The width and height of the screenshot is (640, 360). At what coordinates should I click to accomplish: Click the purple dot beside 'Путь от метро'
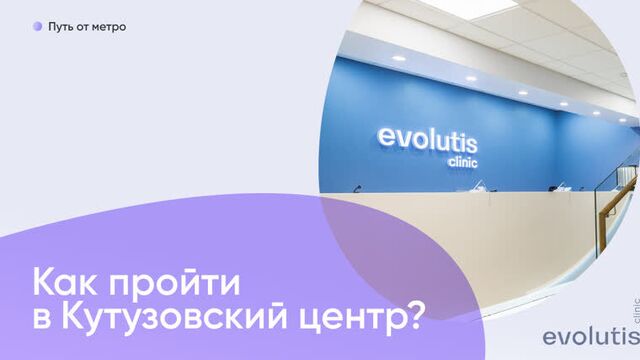37,27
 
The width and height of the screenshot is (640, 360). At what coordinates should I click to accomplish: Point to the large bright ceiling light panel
469,9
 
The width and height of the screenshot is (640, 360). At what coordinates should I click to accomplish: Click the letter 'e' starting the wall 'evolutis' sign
386,137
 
